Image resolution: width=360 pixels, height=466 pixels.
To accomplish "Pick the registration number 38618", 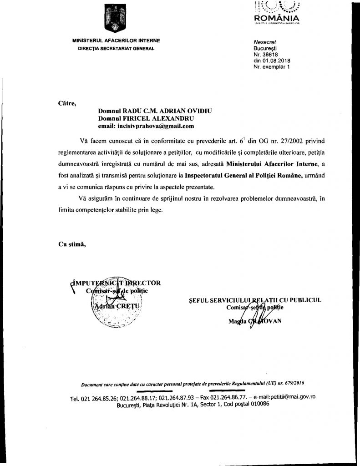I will [x=270, y=55].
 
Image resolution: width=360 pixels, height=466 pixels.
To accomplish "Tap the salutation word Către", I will [x=66, y=103].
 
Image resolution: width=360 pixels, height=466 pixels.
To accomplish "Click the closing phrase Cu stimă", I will [x=72, y=243].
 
